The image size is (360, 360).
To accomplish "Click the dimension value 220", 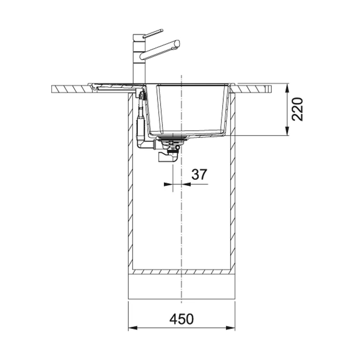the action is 297,109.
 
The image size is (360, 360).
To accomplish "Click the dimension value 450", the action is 182,319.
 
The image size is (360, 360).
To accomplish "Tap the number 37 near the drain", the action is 199,174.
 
